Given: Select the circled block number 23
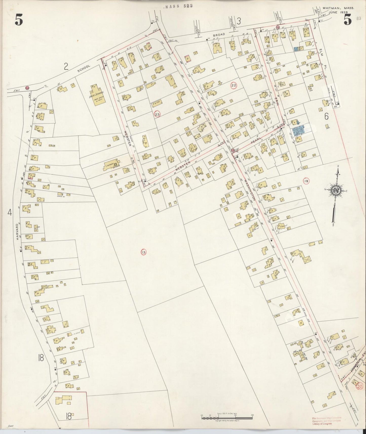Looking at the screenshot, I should (x=157, y=114).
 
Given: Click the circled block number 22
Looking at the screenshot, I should (x=234, y=85).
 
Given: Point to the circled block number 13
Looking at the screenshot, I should (x=144, y=252).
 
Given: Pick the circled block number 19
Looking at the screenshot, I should (x=306, y=181).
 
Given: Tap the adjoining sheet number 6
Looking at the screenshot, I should (x=326, y=116).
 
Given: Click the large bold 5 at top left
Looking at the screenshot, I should (x=19, y=20).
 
